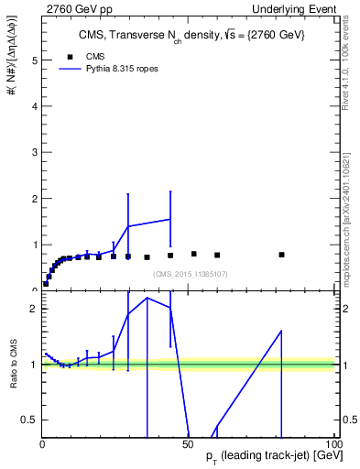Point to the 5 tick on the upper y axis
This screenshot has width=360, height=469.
pyautogui.click(x=34, y=60)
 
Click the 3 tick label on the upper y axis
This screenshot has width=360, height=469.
pyautogui.click(x=34, y=152)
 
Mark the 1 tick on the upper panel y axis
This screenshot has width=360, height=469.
pyautogui.click(x=34, y=245)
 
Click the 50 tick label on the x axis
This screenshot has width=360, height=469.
pyautogui.click(x=188, y=442)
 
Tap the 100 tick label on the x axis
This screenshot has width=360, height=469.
pyautogui.click(x=332, y=442)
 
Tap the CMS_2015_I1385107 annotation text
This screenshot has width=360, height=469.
pyautogui.click(x=190, y=274)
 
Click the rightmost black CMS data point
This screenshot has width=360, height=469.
pyautogui.click(x=281, y=255)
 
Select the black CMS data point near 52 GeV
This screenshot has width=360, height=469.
pyautogui.click(x=193, y=254)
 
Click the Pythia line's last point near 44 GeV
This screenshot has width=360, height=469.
pyautogui.click(x=170, y=219)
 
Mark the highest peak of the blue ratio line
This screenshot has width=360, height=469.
pyautogui.click(x=147, y=298)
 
